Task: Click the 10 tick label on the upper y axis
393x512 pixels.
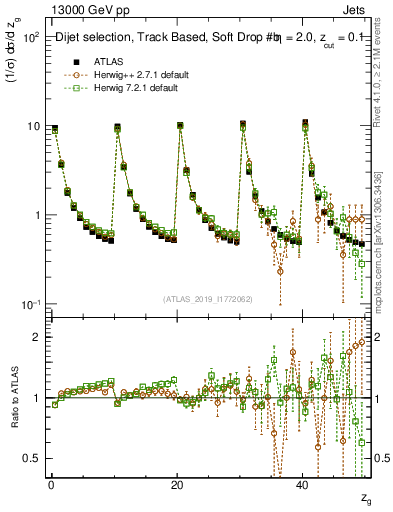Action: point(32,127)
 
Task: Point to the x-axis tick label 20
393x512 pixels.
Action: point(178,485)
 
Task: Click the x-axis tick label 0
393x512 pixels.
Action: point(51,485)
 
